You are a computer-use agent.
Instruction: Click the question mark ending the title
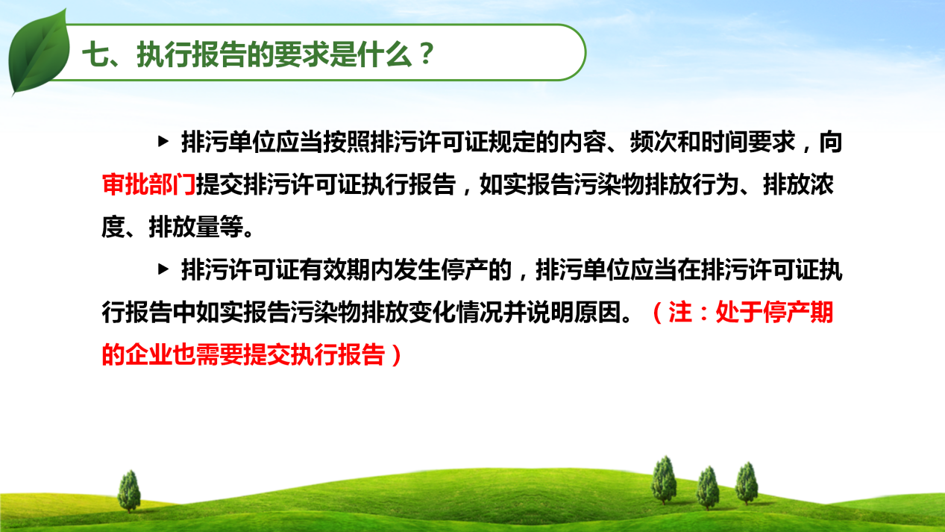(x=427, y=54)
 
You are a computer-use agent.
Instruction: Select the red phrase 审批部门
(x=148, y=184)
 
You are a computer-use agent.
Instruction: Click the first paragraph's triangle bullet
(x=163, y=141)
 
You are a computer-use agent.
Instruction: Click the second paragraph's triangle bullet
(x=163, y=269)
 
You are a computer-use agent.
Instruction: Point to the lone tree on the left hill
(x=129, y=491)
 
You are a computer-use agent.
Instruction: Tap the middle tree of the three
(x=708, y=488)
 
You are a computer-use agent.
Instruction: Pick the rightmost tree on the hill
(x=747, y=484)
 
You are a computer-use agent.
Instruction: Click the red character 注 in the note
(x=680, y=312)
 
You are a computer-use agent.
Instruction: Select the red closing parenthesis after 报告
(x=396, y=355)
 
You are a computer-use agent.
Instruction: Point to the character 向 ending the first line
(x=830, y=142)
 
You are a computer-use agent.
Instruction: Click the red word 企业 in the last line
(x=148, y=355)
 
